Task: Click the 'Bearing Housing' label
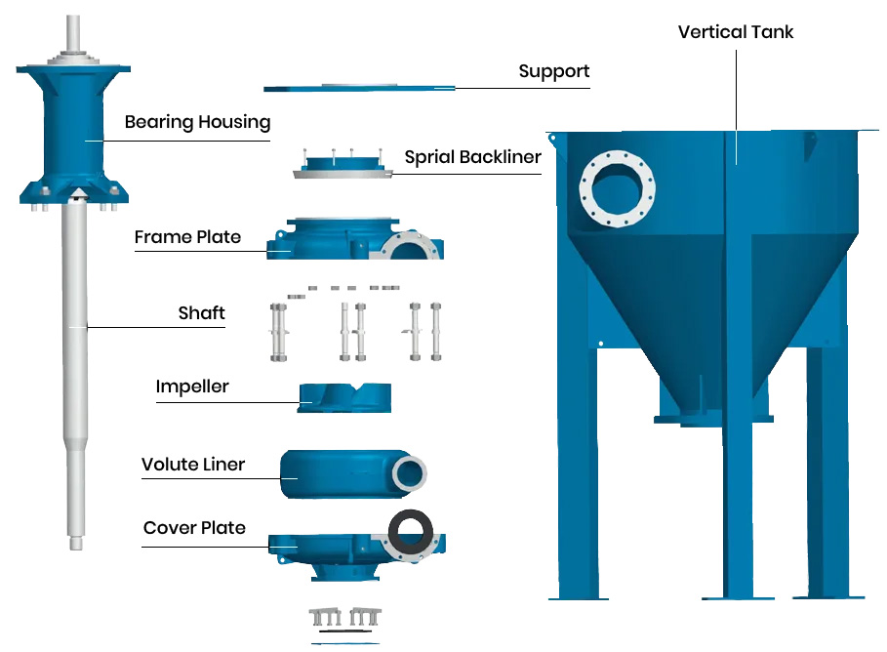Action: [197, 122]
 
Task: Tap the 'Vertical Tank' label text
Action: [736, 32]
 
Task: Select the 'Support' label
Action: [554, 71]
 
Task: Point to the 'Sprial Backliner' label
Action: [473, 157]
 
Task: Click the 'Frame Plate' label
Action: [187, 236]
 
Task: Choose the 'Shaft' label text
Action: [201, 313]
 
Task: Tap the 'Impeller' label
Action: [192, 387]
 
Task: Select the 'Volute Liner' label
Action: [193, 464]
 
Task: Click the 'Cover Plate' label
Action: [194, 527]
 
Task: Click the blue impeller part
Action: [344, 398]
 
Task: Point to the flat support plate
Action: [359, 88]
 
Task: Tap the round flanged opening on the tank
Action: [617, 188]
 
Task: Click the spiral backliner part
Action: [343, 165]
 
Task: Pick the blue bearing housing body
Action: [73, 134]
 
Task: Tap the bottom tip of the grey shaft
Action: [76, 548]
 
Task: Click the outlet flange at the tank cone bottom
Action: [713, 419]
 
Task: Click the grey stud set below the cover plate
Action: [345, 617]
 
